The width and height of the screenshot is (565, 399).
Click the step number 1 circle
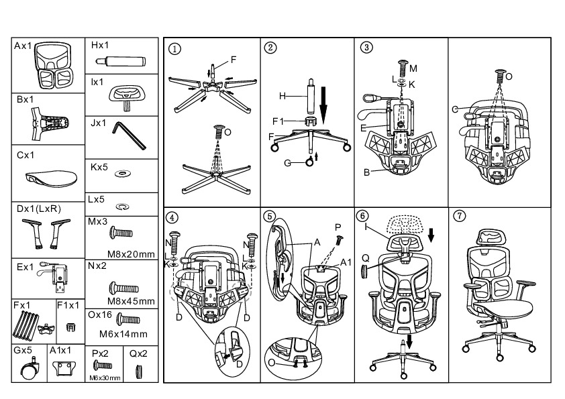pyautogui.click(x=174, y=48)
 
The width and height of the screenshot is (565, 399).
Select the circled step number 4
pyautogui.click(x=172, y=218)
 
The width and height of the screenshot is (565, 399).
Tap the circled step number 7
pyautogui.click(x=460, y=216)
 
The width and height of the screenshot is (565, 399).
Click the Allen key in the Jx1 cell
pyautogui.click(x=129, y=135)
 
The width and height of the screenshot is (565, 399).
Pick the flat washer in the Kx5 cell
pyautogui.click(x=122, y=174)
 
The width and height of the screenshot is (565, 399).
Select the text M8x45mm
pyautogui.click(x=131, y=301)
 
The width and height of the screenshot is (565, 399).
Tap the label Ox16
pyautogui.click(x=100, y=315)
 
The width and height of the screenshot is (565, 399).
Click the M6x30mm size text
pyautogui.click(x=105, y=378)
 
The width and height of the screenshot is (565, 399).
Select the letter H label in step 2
pyautogui.click(x=282, y=96)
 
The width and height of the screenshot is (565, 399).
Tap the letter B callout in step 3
pyautogui.click(x=366, y=172)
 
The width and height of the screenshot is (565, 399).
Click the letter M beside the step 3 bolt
pyautogui.click(x=413, y=68)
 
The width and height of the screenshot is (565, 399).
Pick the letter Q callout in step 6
pyautogui.click(x=366, y=258)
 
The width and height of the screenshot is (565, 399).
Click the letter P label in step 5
pyautogui.click(x=338, y=227)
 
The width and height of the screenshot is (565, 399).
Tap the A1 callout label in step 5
pyautogui.click(x=346, y=262)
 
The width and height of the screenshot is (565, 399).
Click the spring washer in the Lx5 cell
pyautogui.click(x=123, y=207)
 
